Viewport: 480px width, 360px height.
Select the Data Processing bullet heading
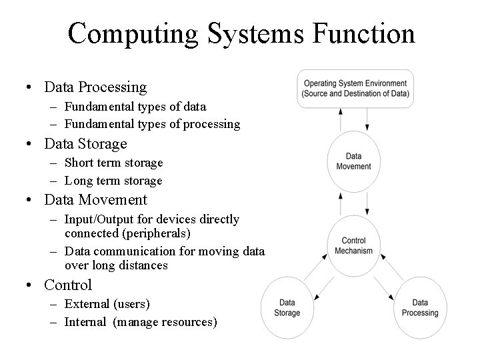pos(95,87)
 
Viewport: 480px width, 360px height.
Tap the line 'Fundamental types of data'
pos(135,107)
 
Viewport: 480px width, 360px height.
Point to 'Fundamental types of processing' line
pos(153,124)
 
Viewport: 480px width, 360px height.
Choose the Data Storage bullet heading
pos(85,143)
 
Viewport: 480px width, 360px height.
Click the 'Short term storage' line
pos(113,163)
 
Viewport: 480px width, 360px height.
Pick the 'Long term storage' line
pos(113,181)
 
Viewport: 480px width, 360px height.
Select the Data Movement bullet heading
pos(96,199)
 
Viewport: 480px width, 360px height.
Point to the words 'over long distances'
pos(116,265)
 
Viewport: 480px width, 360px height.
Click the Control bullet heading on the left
pos(68,285)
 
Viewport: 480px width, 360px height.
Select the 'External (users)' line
pos(107,304)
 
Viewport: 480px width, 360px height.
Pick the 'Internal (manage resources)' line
pos(141,322)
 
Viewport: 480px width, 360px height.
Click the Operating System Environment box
pos(355,89)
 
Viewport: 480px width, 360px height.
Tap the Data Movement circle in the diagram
pos(354,161)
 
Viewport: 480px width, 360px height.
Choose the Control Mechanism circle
pos(353,245)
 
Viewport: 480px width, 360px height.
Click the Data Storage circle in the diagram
pos(288,307)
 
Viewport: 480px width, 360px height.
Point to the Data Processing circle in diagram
pos(421,307)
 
